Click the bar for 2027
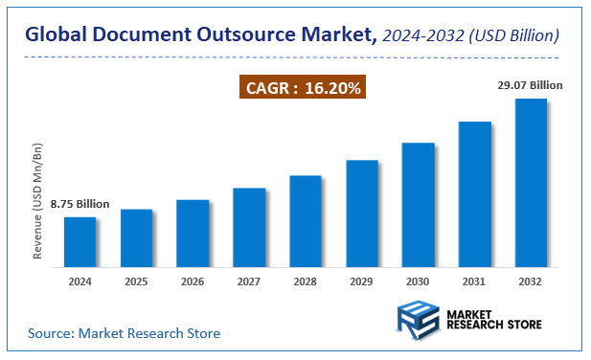click(249, 227)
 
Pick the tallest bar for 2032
click(531, 182)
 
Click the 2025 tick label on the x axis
click(136, 281)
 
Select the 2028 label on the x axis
click(306, 281)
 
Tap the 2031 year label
click(474, 281)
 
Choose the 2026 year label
click(193, 281)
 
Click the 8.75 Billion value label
click(80, 204)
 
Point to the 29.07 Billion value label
click(530, 85)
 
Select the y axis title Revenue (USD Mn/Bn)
click(38, 202)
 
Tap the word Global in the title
click(56, 35)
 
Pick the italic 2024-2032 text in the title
click(421, 35)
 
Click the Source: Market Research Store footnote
click(124, 333)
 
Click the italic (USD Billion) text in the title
click(513, 35)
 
